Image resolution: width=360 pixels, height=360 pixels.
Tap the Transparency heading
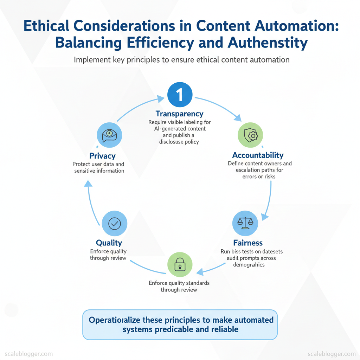(180, 114)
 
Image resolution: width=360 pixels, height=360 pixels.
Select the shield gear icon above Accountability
(250, 135)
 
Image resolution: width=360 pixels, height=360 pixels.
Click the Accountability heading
(258, 155)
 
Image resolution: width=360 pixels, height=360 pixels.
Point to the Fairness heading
(248, 243)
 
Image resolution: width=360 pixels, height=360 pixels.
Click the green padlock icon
(180, 264)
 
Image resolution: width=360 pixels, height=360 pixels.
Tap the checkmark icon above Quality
(114, 223)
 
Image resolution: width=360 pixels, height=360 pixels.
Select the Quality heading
(109, 243)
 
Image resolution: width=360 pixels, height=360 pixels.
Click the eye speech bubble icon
(109, 135)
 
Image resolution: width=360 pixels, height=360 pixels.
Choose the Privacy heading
(102, 156)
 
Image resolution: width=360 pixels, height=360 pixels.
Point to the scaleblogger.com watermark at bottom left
(28, 353)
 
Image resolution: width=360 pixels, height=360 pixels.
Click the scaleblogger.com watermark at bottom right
(331, 353)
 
